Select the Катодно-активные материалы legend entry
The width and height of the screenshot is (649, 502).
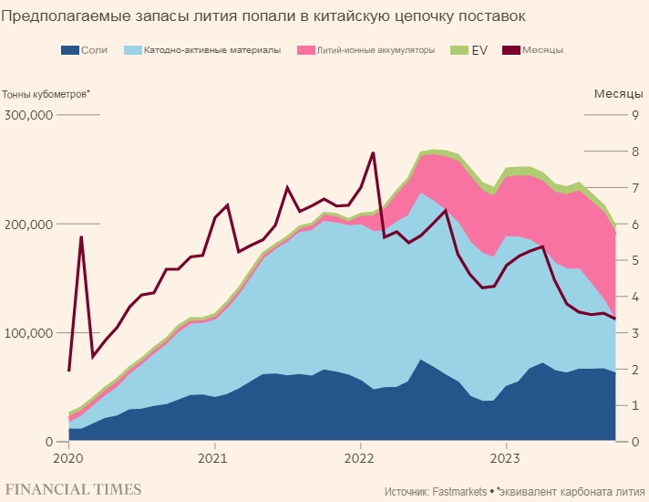pyautogui.click(x=211, y=49)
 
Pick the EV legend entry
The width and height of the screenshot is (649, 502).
pyautogui.click(x=479, y=49)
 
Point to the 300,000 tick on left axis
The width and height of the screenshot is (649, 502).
pyautogui.click(x=30, y=115)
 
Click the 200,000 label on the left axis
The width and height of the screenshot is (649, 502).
pyautogui.click(x=30, y=224)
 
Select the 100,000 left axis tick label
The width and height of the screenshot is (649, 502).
pyautogui.click(x=30, y=333)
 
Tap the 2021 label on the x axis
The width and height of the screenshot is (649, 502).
pyautogui.click(x=213, y=457)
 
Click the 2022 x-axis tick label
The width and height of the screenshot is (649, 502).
pyautogui.click(x=360, y=457)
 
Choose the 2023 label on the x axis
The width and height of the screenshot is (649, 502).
pyautogui.click(x=506, y=457)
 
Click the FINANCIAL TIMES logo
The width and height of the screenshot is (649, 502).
pyautogui.click(x=73, y=488)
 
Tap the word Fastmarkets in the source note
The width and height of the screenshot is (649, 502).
pyautogui.click(x=462, y=490)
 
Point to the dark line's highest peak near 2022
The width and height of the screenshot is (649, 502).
pyautogui.click(x=373, y=152)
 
